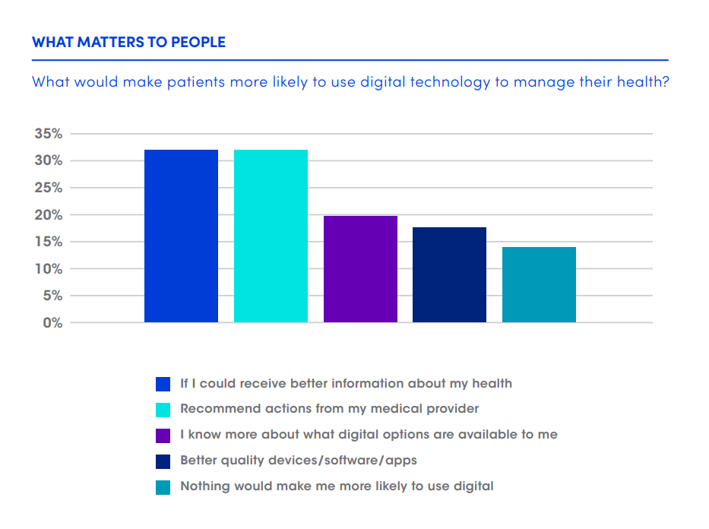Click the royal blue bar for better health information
pyautogui.click(x=181, y=236)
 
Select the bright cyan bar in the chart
pyautogui.click(x=271, y=236)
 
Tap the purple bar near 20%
pyautogui.click(x=360, y=269)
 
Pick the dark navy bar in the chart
pyautogui.click(x=449, y=274)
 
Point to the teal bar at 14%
pyautogui.click(x=539, y=284)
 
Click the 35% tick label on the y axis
pyautogui.click(x=48, y=134)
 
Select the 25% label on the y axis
pyautogui.click(x=48, y=188)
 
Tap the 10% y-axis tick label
pyautogui.click(x=48, y=269)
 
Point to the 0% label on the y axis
pyautogui.click(x=52, y=323)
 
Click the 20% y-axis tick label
pyautogui.click(x=48, y=215)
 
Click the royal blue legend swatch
pyautogui.click(x=163, y=384)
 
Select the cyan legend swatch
pyautogui.click(x=163, y=410)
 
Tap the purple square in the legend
pyautogui.click(x=163, y=436)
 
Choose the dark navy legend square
pyautogui.click(x=163, y=461)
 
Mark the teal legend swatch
pyautogui.click(x=163, y=487)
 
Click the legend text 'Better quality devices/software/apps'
pyautogui.click(x=299, y=461)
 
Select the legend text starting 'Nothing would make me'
pyautogui.click(x=337, y=486)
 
